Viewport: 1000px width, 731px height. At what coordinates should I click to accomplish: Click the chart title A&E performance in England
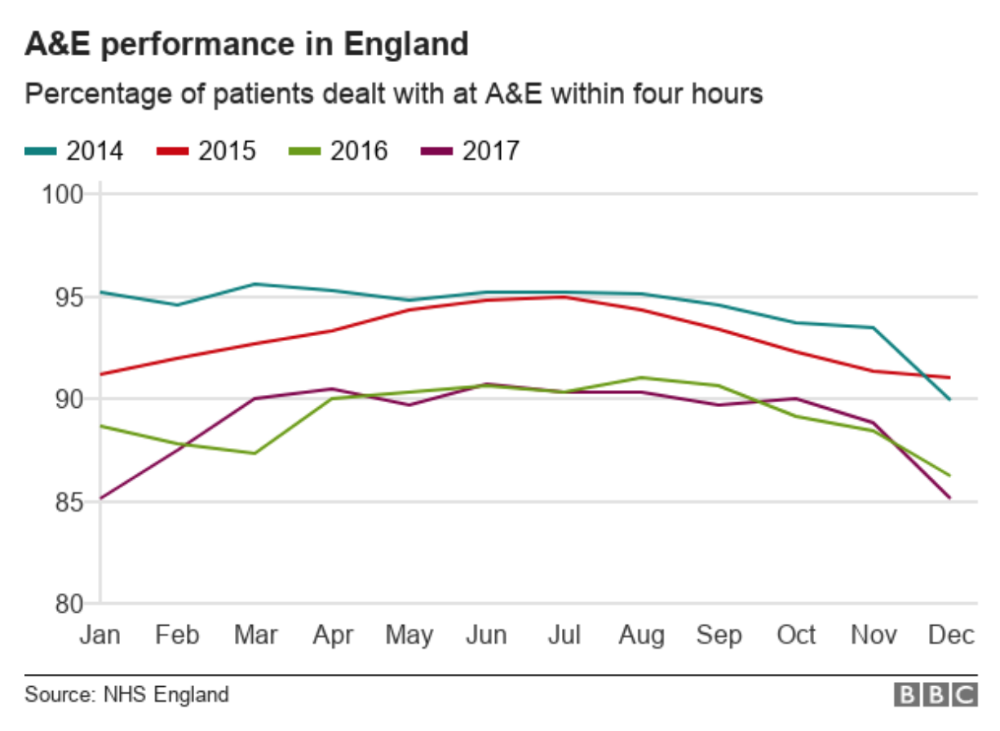click(246, 43)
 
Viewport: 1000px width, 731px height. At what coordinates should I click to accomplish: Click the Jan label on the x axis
click(100, 635)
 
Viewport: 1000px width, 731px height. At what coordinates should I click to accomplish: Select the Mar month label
click(254, 635)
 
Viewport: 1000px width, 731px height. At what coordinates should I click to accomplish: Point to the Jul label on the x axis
click(564, 635)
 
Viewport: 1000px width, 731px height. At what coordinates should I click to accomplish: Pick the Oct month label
click(796, 635)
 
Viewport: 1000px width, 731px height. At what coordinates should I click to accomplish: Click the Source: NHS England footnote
click(126, 695)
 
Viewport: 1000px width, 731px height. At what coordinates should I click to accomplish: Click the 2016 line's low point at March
click(255, 454)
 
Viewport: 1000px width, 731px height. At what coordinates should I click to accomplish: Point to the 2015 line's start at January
click(100, 374)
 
